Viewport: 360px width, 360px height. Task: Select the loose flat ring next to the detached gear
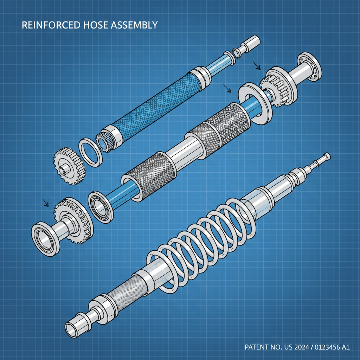pyautogui.click(x=90, y=152)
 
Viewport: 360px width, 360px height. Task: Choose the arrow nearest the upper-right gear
pyautogui.click(x=258, y=65)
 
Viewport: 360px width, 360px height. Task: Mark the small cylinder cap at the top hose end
pyautogui.click(x=252, y=41)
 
